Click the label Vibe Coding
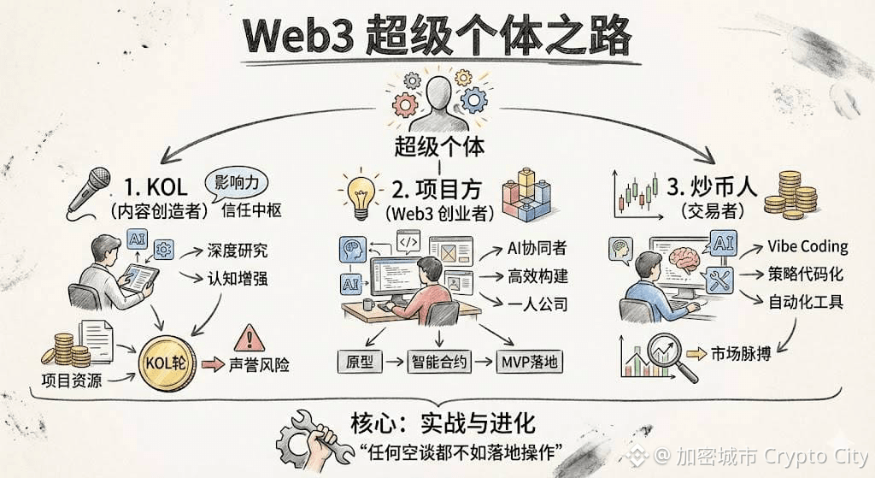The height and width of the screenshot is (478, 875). tap(807, 246)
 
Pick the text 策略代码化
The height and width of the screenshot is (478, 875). tap(805, 274)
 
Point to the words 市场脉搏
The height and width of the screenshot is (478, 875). tap(740, 352)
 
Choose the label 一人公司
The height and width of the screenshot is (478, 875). tap(536, 304)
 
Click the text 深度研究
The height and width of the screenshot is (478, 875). tap(237, 251)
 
